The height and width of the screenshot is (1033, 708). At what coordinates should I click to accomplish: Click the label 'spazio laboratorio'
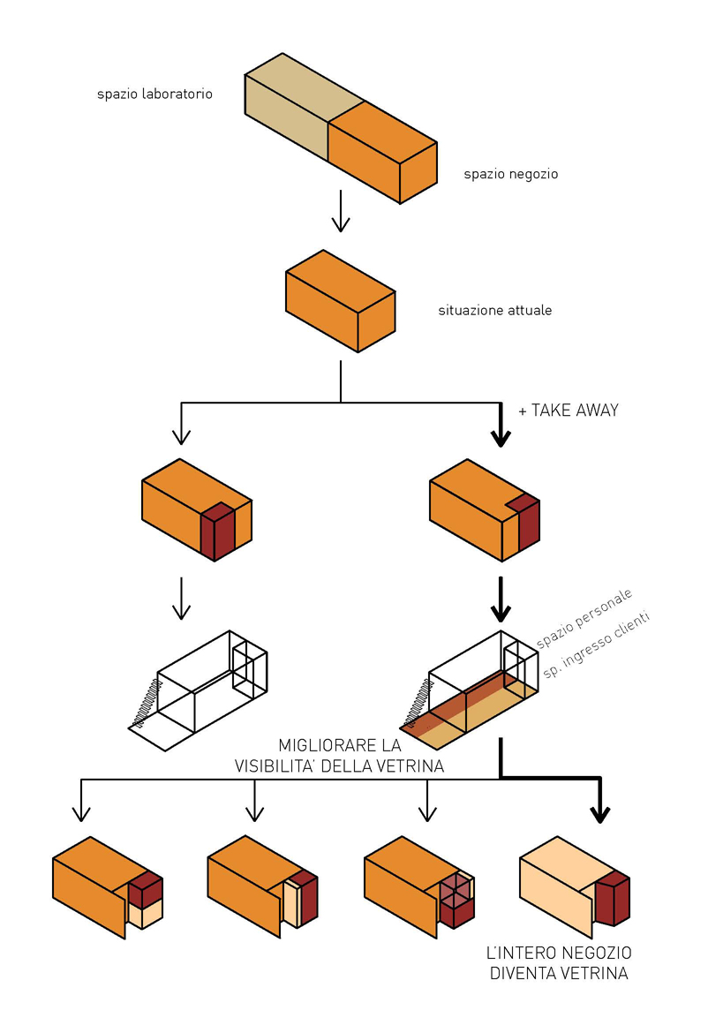pyautogui.click(x=154, y=94)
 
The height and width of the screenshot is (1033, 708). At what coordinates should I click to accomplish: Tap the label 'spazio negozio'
pyautogui.click(x=510, y=174)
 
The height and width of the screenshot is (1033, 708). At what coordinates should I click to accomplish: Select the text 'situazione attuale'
pyautogui.click(x=494, y=311)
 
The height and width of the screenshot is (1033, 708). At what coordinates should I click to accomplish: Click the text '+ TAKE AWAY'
pyautogui.click(x=569, y=411)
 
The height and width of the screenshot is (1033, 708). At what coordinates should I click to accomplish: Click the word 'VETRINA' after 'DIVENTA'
pyautogui.click(x=597, y=974)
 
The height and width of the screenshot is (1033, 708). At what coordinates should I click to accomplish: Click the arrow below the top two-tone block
pyautogui.click(x=341, y=212)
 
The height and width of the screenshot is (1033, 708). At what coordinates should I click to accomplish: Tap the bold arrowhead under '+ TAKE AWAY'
pyautogui.click(x=501, y=438)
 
